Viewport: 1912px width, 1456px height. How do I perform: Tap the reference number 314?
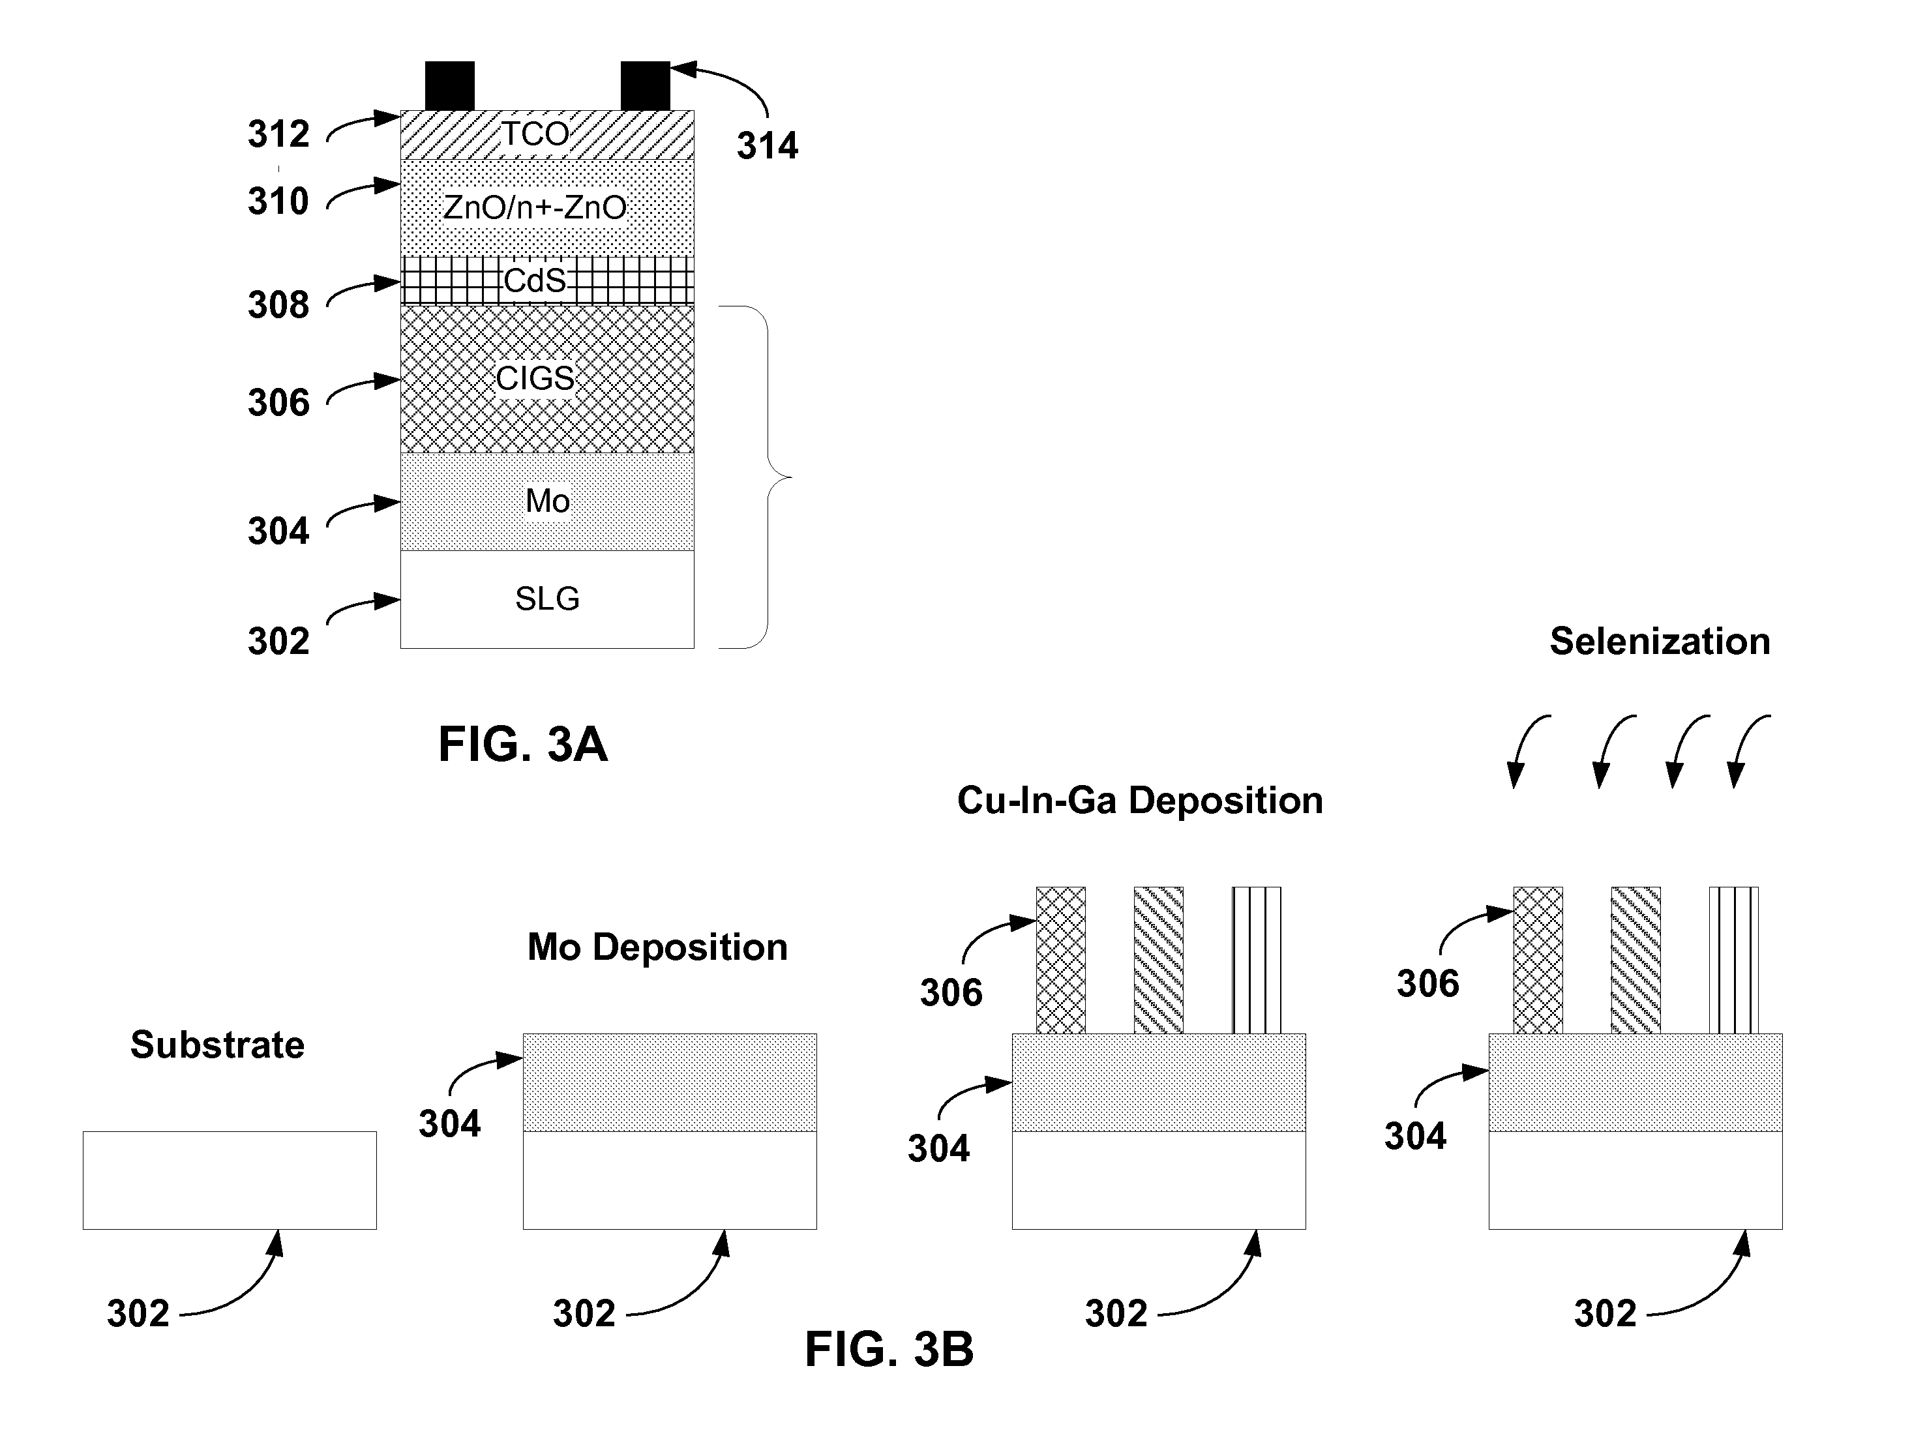click(767, 145)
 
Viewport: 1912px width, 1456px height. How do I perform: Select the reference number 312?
click(278, 134)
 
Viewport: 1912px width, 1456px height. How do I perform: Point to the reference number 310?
click(278, 201)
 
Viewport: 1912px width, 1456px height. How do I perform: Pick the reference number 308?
click(278, 305)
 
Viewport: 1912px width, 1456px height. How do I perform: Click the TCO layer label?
click(535, 134)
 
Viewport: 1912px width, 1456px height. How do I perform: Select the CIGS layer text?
click(535, 379)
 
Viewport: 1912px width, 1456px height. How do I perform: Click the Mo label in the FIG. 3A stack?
click(547, 501)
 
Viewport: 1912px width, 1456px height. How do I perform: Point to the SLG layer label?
click(547, 599)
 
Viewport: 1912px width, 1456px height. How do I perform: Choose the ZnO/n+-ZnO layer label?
click(535, 208)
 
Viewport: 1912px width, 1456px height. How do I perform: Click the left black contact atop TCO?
click(450, 86)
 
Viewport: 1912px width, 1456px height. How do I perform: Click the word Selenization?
click(1659, 642)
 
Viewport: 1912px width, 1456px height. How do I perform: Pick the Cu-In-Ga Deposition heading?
click(1140, 801)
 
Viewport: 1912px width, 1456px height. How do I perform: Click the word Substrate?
click(218, 1045)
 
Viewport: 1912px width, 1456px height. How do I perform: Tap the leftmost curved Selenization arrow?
click(1527, 750)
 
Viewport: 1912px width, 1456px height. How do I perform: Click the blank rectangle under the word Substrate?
click(230, 1180)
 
